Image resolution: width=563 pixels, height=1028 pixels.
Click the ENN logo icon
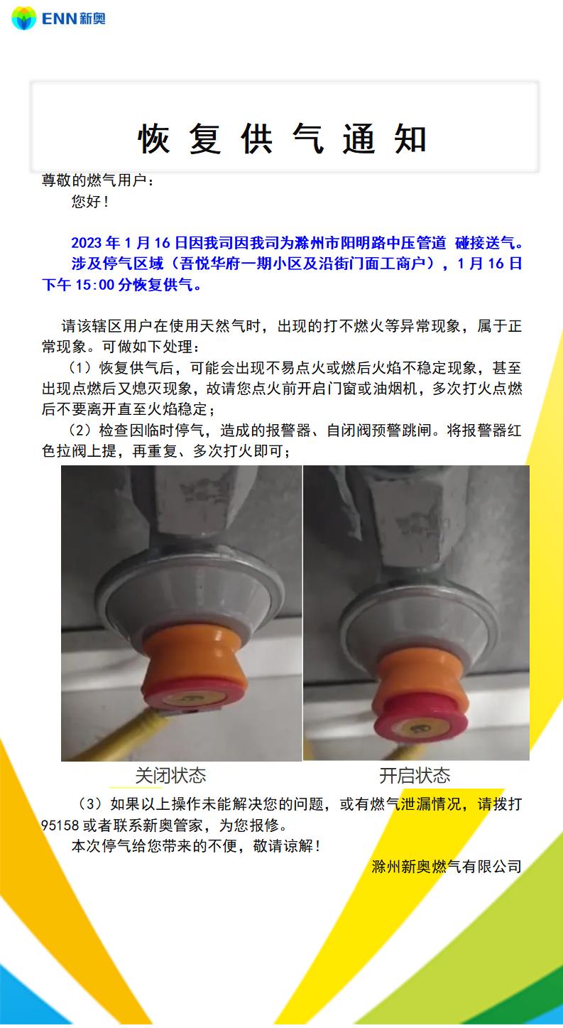[23, 18]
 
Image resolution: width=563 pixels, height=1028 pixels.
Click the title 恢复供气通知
[283, 138]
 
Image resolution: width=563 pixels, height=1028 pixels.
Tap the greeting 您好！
[90, 201]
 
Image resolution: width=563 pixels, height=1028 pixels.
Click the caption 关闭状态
[170, 776]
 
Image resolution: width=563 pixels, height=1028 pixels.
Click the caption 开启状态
[415, 776]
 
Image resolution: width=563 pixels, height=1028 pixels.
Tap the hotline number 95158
[60, 825]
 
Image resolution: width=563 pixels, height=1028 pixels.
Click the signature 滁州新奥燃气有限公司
[447, 867]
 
